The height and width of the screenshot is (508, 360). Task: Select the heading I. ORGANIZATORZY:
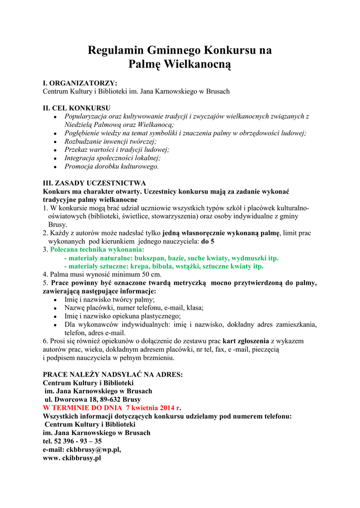click(80, 83)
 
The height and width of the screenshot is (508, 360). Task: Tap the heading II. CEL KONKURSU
click(76, 108)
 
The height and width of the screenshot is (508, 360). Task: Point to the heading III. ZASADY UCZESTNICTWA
click(94, 183)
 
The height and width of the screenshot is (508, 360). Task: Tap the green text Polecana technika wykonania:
click(97, 250)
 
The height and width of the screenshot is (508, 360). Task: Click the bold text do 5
click(208, 241)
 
